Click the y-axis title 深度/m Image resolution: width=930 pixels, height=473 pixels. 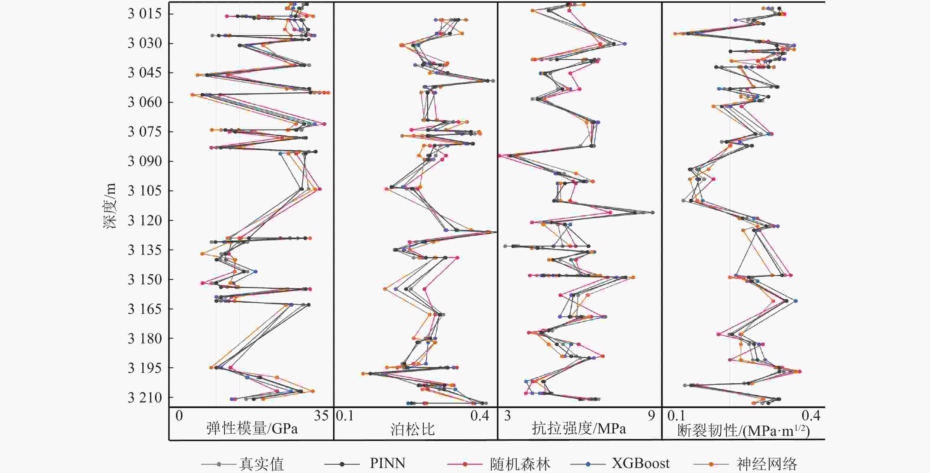coord(110,206)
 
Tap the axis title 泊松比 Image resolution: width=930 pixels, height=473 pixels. coord(412,429)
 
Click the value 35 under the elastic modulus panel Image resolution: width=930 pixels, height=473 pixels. coord(321,416)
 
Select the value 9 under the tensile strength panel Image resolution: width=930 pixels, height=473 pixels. coord(651,416)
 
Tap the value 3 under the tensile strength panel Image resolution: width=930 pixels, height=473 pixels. coord(507,416)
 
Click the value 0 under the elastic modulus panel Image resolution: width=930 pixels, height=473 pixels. coord(179,416)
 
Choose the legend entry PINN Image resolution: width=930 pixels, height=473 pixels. coord(387,463)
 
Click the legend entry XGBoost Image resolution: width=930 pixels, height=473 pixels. coord(640,463)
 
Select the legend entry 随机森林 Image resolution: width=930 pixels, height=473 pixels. coord(520,464)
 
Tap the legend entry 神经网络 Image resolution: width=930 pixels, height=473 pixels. coord(766,464)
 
